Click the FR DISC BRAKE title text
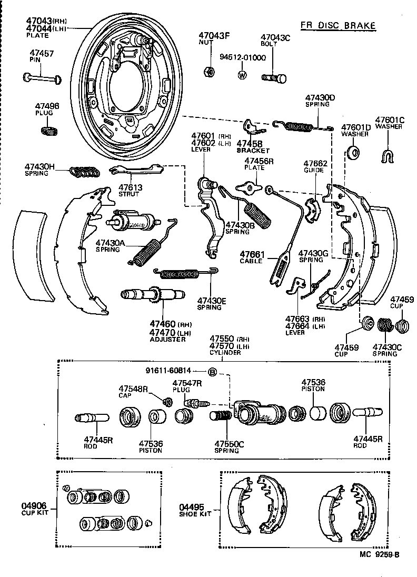pyautogui.click(x=338, y=25)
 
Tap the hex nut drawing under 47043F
pyautogui.click(x=208, y=72)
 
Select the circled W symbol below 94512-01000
pyautogui.click(x=242, y=75)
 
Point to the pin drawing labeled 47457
pyautogui.click(x=42, y=78)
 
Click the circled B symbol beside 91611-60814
pyautogui.click(x=213, y=372)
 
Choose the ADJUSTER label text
pyautogui.click(x=168, y=339)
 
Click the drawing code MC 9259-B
pyautogui.click(x=380, y=554)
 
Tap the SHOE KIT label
pyautogui.click(x=195, y=514)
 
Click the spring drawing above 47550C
pyautogui.click(x=221, y=416)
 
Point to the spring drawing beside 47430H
pyautogui.click(x=84, y=171)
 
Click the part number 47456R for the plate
pyautogui.click(x=259, y=161)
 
